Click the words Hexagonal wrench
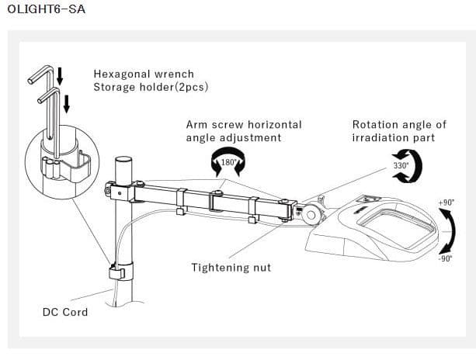click(x=144, y=74)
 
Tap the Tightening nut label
click(x=231, y=268)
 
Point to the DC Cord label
click(x=65, y=312)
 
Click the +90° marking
click(x=446, y=202)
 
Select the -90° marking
click(x=446, y=259)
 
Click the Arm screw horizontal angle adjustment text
click(x=244, y=130)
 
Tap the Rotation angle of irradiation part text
click(x=399, y=130)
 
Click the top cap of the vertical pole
click(x=124, y=159)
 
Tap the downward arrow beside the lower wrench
click(x=67, y=102)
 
